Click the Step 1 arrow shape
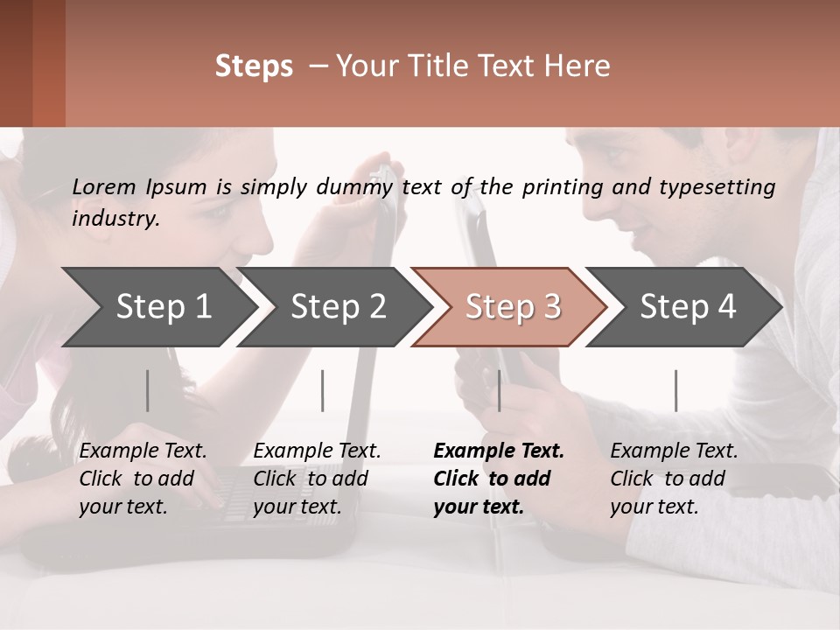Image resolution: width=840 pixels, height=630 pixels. [157, 307]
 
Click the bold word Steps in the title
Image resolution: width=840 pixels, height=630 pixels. [254, 66]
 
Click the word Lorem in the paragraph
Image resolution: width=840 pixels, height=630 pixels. [104, 186]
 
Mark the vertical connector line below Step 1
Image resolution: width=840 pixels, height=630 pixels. [148, 390]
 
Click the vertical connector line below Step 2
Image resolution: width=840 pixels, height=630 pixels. [323, 390]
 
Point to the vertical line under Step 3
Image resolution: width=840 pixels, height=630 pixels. [499, 390]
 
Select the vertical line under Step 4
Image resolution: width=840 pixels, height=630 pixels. [675, 390]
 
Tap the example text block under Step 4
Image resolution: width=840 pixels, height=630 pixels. [674, 479]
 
